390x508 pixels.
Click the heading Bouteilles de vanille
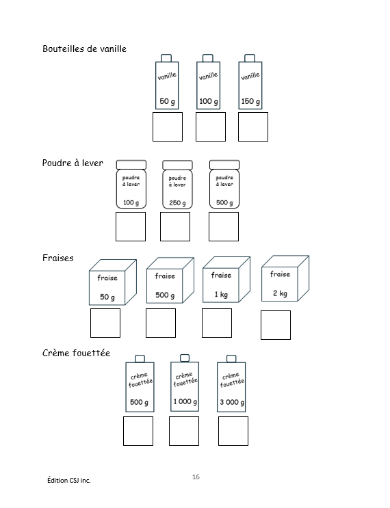[85, 49]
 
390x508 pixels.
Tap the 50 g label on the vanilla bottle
[167, 101]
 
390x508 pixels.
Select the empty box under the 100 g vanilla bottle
[211, 126]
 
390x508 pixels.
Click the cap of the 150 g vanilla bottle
[249, 58]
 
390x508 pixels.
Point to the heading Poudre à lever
[73, 163]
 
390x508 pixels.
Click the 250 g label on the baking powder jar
[177, 203]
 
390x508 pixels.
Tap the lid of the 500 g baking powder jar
[224, 165]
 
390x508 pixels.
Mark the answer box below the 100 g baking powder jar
[131, 226]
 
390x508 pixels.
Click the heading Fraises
[58, 258]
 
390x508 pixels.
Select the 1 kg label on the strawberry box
[221, 295]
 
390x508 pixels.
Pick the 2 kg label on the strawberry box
[280, 293]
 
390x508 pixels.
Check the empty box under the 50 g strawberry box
[105, 323]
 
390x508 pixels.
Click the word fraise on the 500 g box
[165, 276]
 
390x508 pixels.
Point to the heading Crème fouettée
[76, 353]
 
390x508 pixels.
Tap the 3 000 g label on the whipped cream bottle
[232, 403]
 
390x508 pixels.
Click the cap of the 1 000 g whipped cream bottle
[185, 358]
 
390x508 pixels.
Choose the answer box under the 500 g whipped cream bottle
[138, 431]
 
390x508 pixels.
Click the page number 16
[196, 477]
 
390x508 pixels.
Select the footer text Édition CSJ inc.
[69, 480]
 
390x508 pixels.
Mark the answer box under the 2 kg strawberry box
[276, 325]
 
